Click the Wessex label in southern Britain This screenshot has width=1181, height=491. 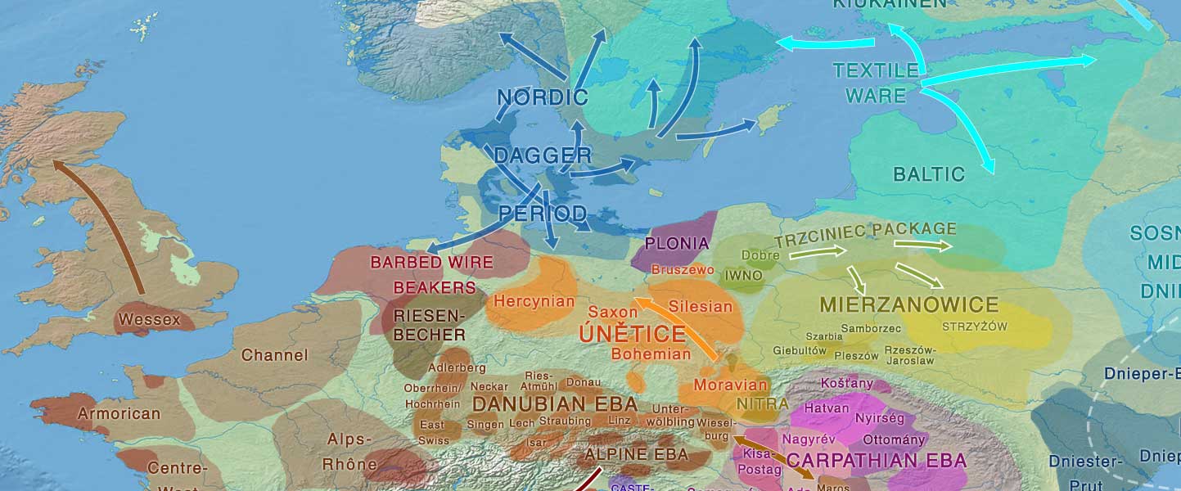pyautogui.click(x=149, y=319)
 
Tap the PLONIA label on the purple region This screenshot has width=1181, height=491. pyautogui.click(x=677, y=243)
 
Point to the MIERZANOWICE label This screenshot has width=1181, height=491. pyautogui.click(x=908, y=305)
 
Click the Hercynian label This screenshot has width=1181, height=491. pyautogui.click(x=534, y=301)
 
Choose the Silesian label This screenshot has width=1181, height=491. pyautogui.click(x=701, y=307)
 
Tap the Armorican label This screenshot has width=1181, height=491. pyautogui.click(x=119, y=413)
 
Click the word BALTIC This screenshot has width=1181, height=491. pyautogui.click(x=928, y=173)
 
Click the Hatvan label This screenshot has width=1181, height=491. pyautogui.click(x=827, y=408)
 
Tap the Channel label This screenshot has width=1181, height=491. pyautogui.click(x=274, y=355)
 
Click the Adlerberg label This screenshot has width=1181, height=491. pyautogui.click(x=451, y=368)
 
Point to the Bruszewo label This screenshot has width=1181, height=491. pyautogui.click(x=683, y=269)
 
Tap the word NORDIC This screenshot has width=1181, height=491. pyautogui.click(x=543, y=98)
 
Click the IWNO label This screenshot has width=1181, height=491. pyautogui.click(x=743, y=276)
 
